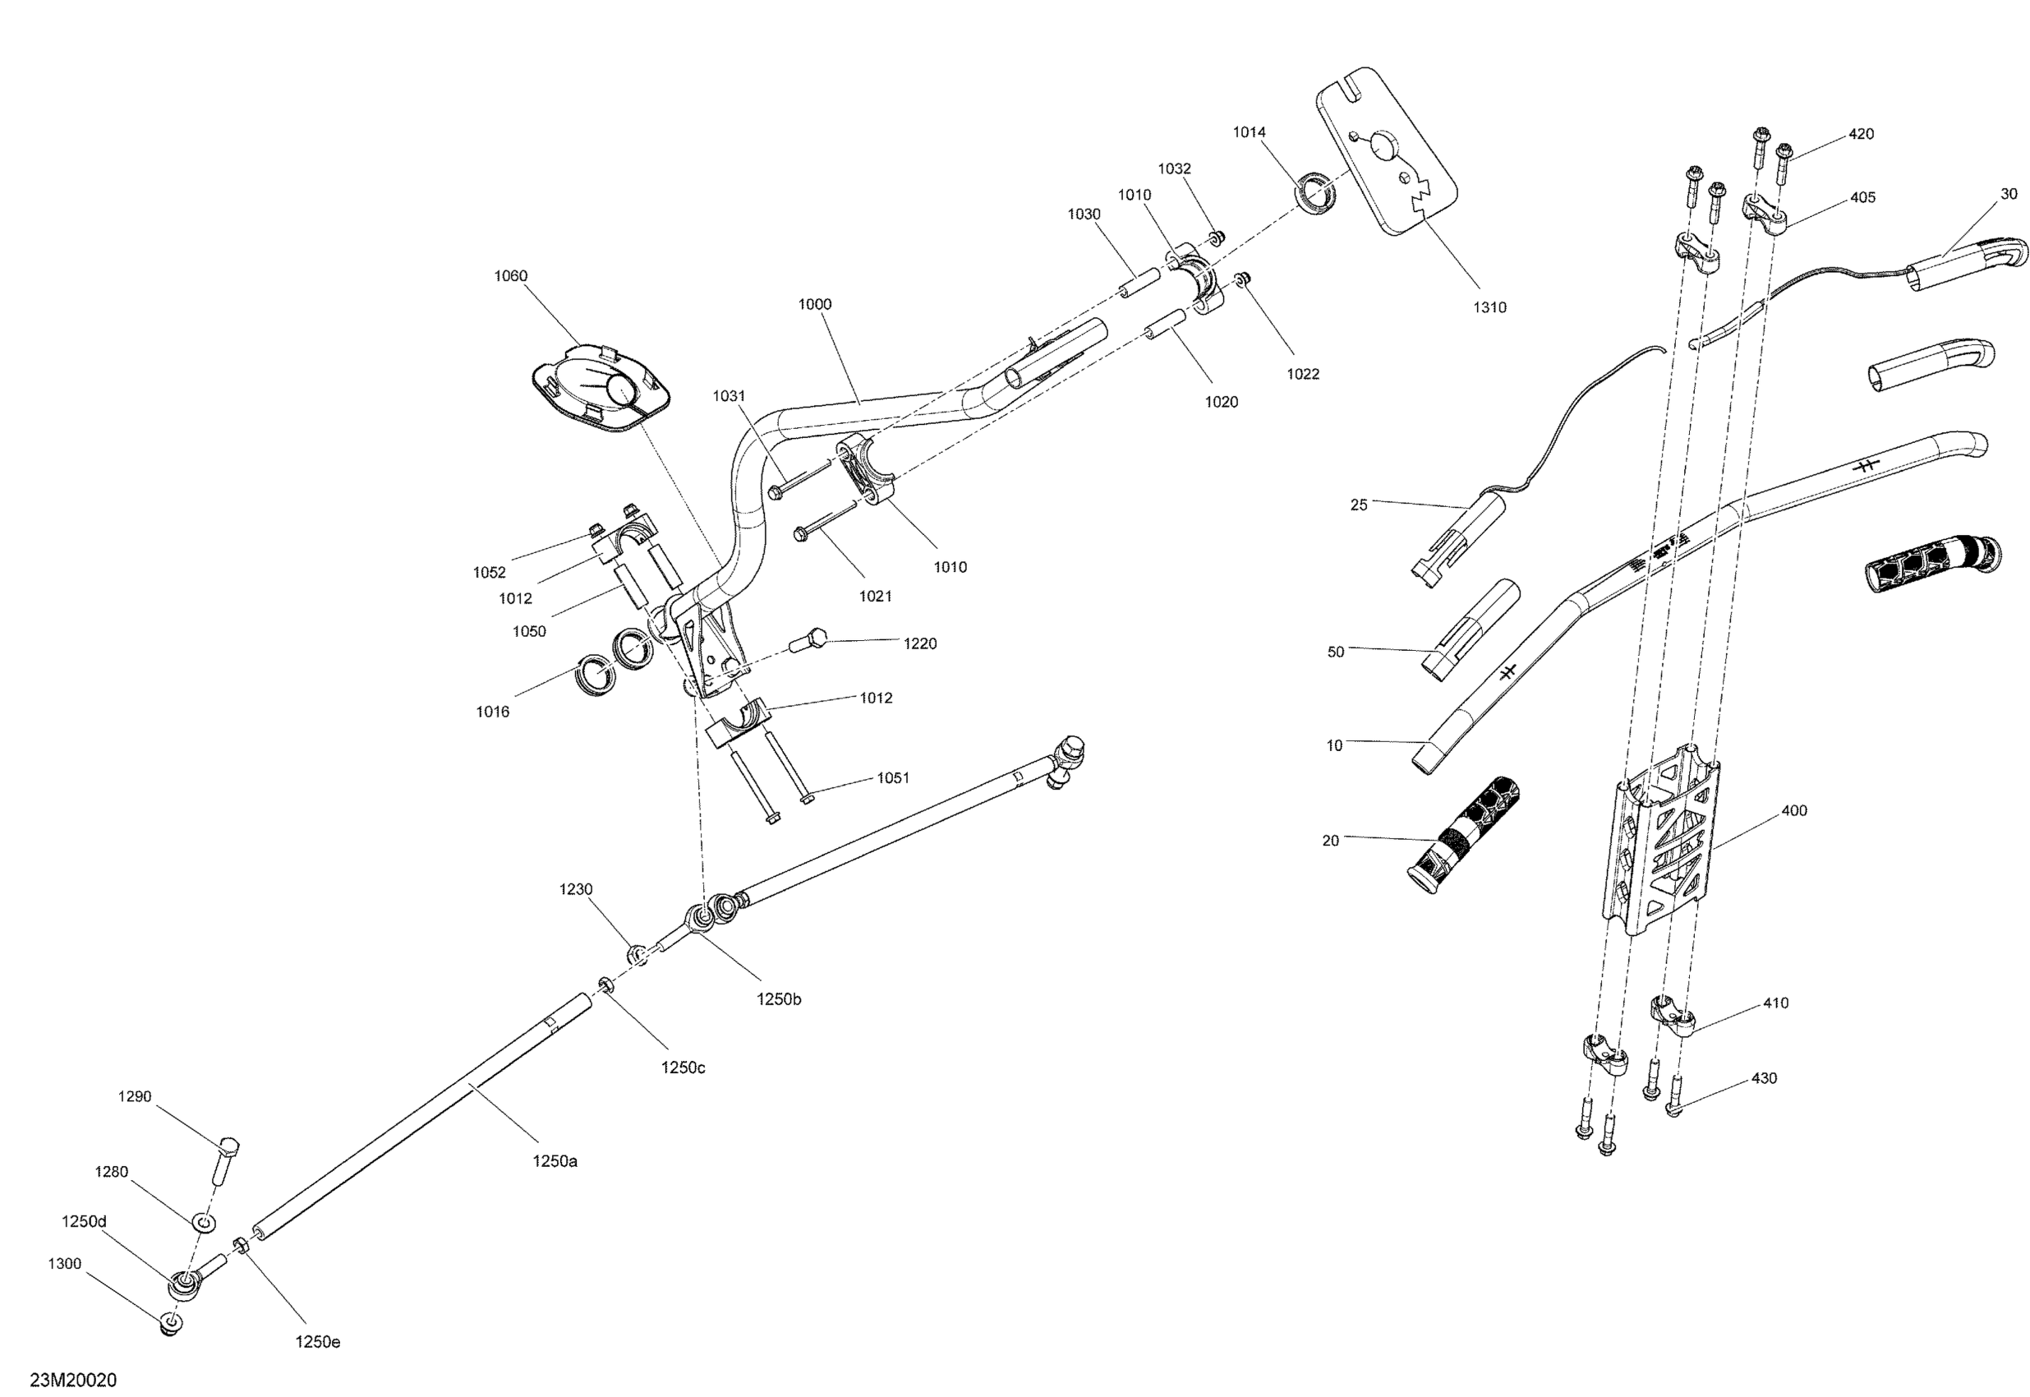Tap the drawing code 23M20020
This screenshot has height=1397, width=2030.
(x=72, y=1380)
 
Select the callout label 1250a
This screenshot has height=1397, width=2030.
(x=555, y=1161)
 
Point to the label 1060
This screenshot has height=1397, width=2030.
(x=510, y=276)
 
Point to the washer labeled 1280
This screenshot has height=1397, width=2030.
(x=201, y=1220)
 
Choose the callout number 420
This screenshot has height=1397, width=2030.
(x=1860, y=134)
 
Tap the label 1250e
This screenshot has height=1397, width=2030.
(x=318, y=1342)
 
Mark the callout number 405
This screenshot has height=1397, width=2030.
(x=1862, y=198)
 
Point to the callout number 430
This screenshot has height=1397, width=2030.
(x=1763, y=1078)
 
